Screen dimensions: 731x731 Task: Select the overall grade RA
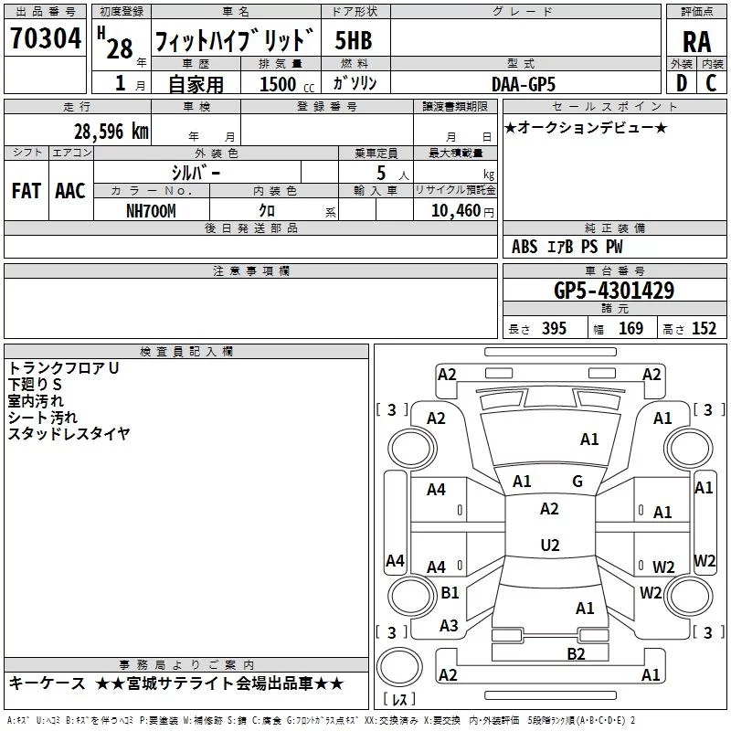pyautogui.click(x=696, y=42)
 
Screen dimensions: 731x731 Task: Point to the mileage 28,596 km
pyautogui.click(x=111, y=132)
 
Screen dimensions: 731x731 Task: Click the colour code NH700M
pyautogui.click(x=152, y=210)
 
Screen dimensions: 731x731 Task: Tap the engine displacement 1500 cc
pyautogui.click(x=285, y=84)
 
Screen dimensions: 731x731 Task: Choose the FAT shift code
pyautogui.click(x=26, y=191)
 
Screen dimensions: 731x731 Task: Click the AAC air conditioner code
pyautogui.click(x=70, y=191)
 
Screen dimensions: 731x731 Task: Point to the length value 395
pyautogui.click(x=551, y=329)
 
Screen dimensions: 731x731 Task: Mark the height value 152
pyautogui.click(x=704, y=329)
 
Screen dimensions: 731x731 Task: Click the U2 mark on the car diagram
pyautogui.click(x=549, y=546)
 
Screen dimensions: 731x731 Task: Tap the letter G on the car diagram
pyautogui.click(x=577, y=481)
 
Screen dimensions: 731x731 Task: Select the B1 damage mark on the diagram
pyautogui.click(x=450, y=593)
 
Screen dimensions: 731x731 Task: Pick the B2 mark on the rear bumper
pyautogui.click(x=576, y=653)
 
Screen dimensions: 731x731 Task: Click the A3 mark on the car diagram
pyautogui.click(x=449, y=626)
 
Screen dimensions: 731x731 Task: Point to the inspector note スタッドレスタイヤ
pyautogui.click(x=69, y=434)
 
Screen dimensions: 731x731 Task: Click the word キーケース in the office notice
pyautogui.click(x=47, y=683)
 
